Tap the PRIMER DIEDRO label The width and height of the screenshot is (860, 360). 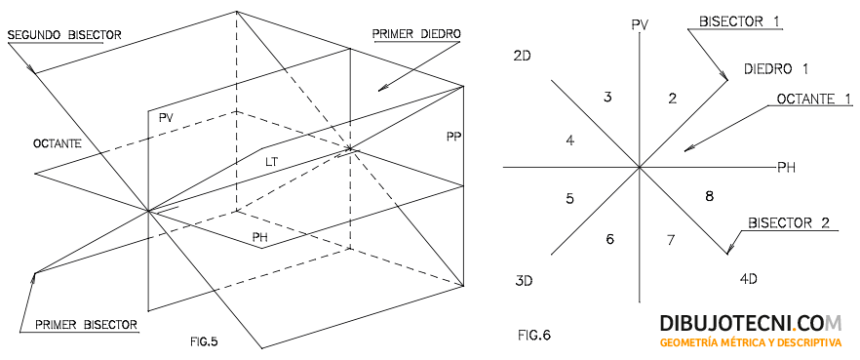coord(416,33)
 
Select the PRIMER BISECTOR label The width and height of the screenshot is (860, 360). coord(86,323)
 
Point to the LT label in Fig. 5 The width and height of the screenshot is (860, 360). coord(272,162)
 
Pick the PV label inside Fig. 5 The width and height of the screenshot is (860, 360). coord(166,118)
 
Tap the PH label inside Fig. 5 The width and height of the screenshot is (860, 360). coord(260,237)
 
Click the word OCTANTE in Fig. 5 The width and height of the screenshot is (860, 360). coord(58,144)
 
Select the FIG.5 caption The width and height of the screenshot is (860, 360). coord(204,341)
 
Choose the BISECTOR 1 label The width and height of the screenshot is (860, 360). coord(740,21)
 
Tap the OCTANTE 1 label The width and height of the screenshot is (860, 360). coord(814,99)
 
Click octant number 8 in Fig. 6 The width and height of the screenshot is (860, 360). coord(709,196)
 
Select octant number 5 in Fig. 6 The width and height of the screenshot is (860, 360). coord(569,199)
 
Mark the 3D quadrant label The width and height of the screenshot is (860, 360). coord(525,282)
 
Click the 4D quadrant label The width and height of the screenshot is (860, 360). coord(749,278)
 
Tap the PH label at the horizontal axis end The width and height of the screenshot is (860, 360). coord(787,167)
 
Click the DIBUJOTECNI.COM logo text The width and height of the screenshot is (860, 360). coord(751,323)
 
